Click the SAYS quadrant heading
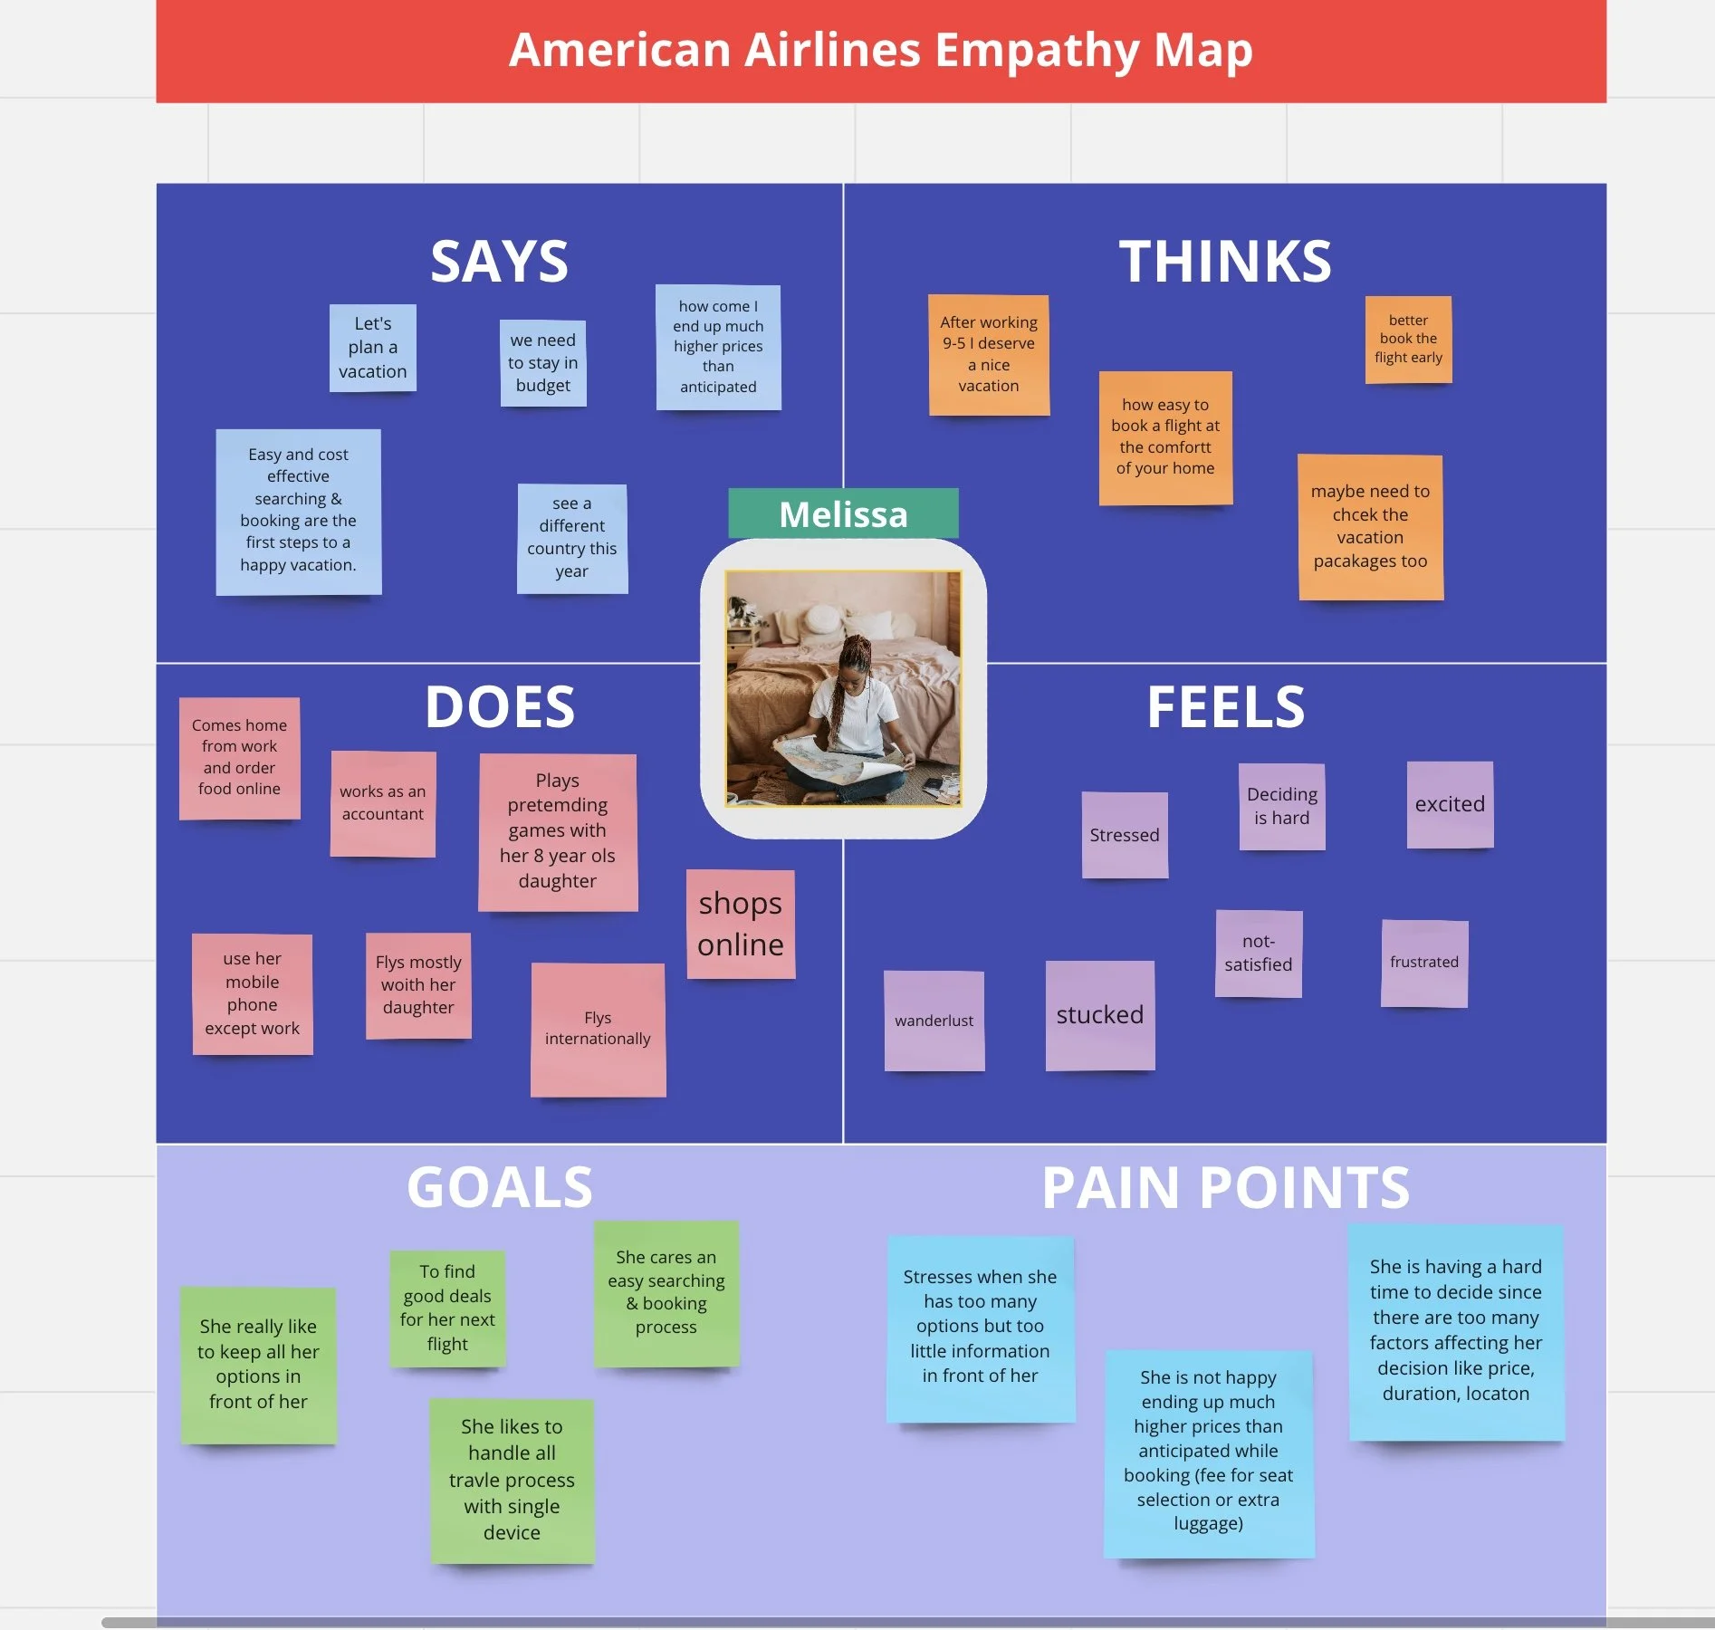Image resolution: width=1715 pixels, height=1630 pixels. pos(499,261)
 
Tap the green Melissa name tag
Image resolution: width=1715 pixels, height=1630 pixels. pos(843,513)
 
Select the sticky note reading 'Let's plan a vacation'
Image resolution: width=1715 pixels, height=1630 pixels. pos(372,348)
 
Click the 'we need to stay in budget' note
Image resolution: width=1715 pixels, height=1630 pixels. pos(542,363)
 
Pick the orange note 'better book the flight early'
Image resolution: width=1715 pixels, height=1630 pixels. pos(1408,340)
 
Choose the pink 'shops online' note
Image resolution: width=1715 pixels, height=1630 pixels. pos(740,924)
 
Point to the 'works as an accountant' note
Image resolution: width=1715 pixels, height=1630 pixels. pos(382,803)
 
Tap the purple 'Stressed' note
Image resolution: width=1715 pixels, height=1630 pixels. pos(1124,835)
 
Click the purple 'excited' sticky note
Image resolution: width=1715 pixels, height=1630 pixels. pos(1449,804)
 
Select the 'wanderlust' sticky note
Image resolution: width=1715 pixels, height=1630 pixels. pos(934,1021)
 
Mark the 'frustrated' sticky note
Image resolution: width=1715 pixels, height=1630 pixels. pos(1423,963)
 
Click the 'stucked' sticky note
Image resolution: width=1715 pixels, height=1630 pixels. pos(1099,1015)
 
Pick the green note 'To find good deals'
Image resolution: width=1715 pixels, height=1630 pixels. pos(447,1309)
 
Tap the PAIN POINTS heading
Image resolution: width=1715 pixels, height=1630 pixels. pos(1225,1187)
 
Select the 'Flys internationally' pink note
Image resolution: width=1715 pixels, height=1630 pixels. pos(598,1030)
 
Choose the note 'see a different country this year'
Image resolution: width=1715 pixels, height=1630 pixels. pos(571,538)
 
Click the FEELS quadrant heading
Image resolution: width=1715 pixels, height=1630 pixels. pos(1225,706)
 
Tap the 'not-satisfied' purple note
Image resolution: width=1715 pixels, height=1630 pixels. pos(1258,954)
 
